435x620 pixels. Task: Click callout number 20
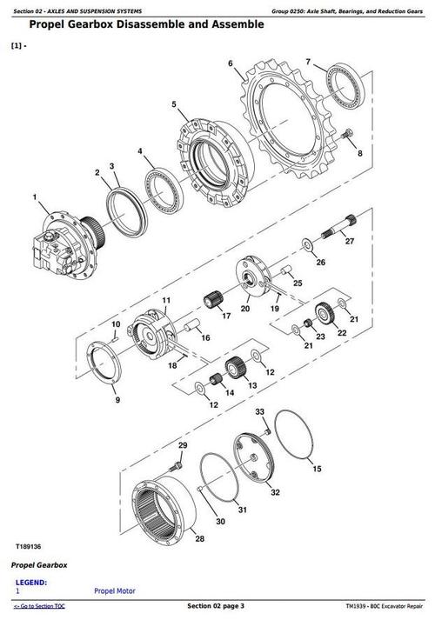tap(245, 308)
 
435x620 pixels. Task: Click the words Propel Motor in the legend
tap(115, 591)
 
